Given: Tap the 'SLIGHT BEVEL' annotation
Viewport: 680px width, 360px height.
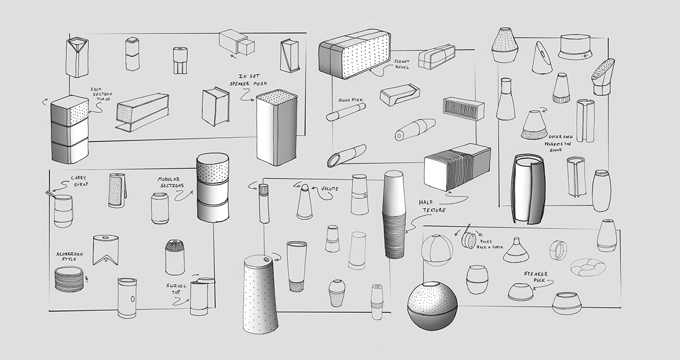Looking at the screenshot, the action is pos(402,64).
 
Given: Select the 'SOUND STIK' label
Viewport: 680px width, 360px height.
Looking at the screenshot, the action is pos(351,100).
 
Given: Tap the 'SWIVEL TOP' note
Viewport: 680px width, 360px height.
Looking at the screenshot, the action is pos(176,289).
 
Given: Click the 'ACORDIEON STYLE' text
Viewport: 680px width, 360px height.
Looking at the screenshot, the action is pos(70,256).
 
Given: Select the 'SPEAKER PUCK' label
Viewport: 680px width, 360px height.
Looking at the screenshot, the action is pos(535,277).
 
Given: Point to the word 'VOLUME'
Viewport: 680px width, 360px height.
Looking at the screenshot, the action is pos(329,189).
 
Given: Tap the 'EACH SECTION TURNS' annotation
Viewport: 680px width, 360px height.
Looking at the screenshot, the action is pos(101,94).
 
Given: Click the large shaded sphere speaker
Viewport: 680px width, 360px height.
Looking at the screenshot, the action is pos(432,306).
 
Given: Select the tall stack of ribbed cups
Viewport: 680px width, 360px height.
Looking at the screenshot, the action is pos(394,214).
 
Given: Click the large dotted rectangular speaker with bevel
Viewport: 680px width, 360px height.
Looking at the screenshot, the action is pos(355,54).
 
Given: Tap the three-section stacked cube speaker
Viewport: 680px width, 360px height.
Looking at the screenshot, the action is pos(70,130).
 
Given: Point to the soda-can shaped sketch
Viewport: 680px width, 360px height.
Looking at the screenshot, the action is pos(160,209).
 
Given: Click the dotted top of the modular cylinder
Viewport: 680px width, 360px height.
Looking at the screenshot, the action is pos(213,168).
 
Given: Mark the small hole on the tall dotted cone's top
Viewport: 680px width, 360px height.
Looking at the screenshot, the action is pos(266,260).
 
